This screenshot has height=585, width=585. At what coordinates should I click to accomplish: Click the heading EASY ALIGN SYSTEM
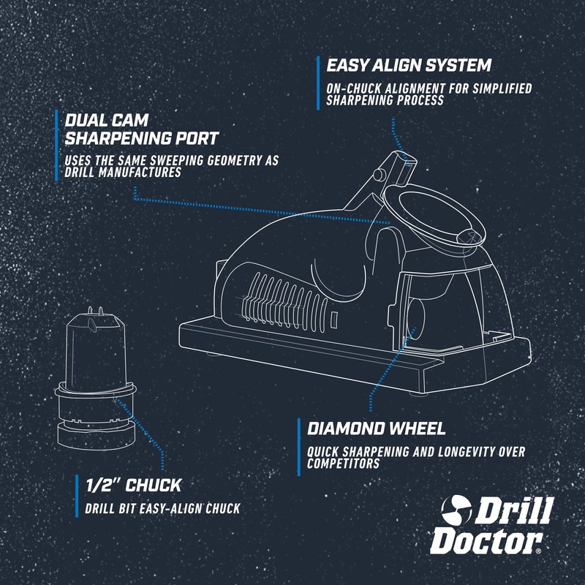tap(408, 65)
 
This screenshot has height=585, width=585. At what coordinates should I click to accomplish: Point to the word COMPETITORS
tap(344, 464)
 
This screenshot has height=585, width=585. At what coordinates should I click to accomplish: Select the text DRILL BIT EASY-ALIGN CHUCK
tap(162, 508)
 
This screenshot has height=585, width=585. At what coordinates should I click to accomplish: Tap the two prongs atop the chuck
tap(94, 309)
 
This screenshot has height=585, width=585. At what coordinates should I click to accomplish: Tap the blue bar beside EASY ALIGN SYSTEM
tap(318, 82)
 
